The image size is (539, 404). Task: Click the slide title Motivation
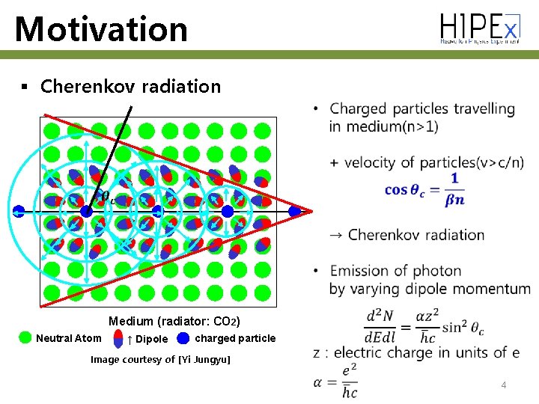[101, 29]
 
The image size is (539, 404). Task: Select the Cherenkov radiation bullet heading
[130, 86]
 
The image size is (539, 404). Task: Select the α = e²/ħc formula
[338, 382]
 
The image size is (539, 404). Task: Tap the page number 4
[504, 385]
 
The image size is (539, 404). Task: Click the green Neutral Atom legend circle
[25, 338]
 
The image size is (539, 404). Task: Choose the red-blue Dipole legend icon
[118, 339]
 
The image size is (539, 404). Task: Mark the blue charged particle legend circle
[183, 338]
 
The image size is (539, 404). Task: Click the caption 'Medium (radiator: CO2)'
[174, 322]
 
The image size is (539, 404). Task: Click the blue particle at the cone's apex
[295, 212]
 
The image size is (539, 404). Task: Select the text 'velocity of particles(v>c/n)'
[434, 162]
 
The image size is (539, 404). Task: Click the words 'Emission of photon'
[395, 270]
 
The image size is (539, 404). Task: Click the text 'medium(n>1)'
[383, 126]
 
